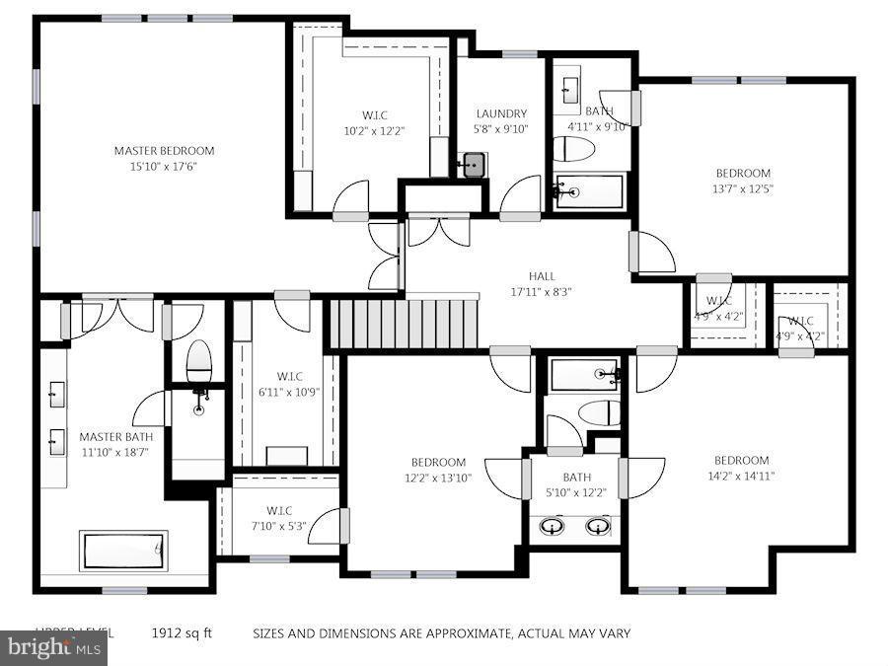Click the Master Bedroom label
164,151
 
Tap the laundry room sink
472,164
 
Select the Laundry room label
501,113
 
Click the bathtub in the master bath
123,551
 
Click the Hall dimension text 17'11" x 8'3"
541,292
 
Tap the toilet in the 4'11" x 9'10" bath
571,150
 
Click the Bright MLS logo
53,648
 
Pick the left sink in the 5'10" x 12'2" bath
552,526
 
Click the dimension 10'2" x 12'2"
374,130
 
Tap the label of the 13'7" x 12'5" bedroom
742,174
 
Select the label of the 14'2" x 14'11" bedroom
741,460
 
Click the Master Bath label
115,437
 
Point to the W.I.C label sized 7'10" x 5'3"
276,510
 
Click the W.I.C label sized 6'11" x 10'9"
289,376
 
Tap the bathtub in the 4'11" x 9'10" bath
589,191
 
